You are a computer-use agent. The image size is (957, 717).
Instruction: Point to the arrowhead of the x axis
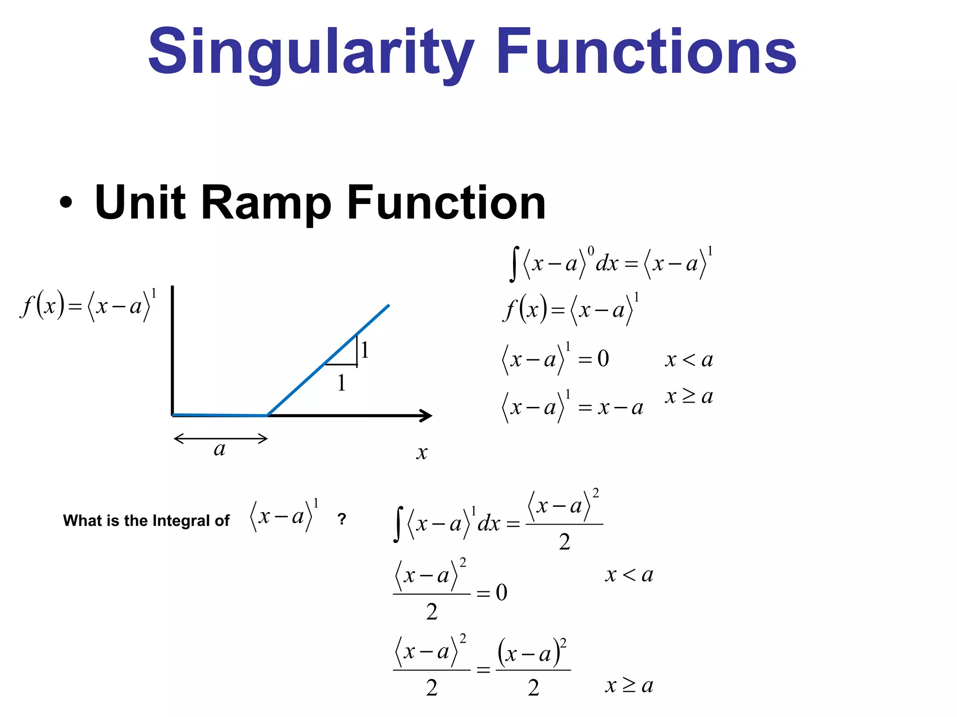point(426,415)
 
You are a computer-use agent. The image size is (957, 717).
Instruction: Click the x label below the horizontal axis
point(421,452)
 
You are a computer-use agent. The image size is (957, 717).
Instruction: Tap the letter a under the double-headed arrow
point(219,449)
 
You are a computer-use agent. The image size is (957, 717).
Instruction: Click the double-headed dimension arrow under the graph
point(220,438)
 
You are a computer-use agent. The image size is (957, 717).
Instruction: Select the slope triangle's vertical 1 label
point(365,350)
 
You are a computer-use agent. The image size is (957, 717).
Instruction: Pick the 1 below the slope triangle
point(342,383)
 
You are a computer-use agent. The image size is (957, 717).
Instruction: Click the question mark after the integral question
point(342,519)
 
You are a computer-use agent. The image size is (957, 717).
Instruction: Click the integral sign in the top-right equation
point(514,264)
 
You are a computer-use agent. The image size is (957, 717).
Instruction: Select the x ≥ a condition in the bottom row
point(629,685)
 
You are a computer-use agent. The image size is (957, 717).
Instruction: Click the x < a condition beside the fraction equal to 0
point(629,575)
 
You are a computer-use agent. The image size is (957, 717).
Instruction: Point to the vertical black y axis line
point(172,350)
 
